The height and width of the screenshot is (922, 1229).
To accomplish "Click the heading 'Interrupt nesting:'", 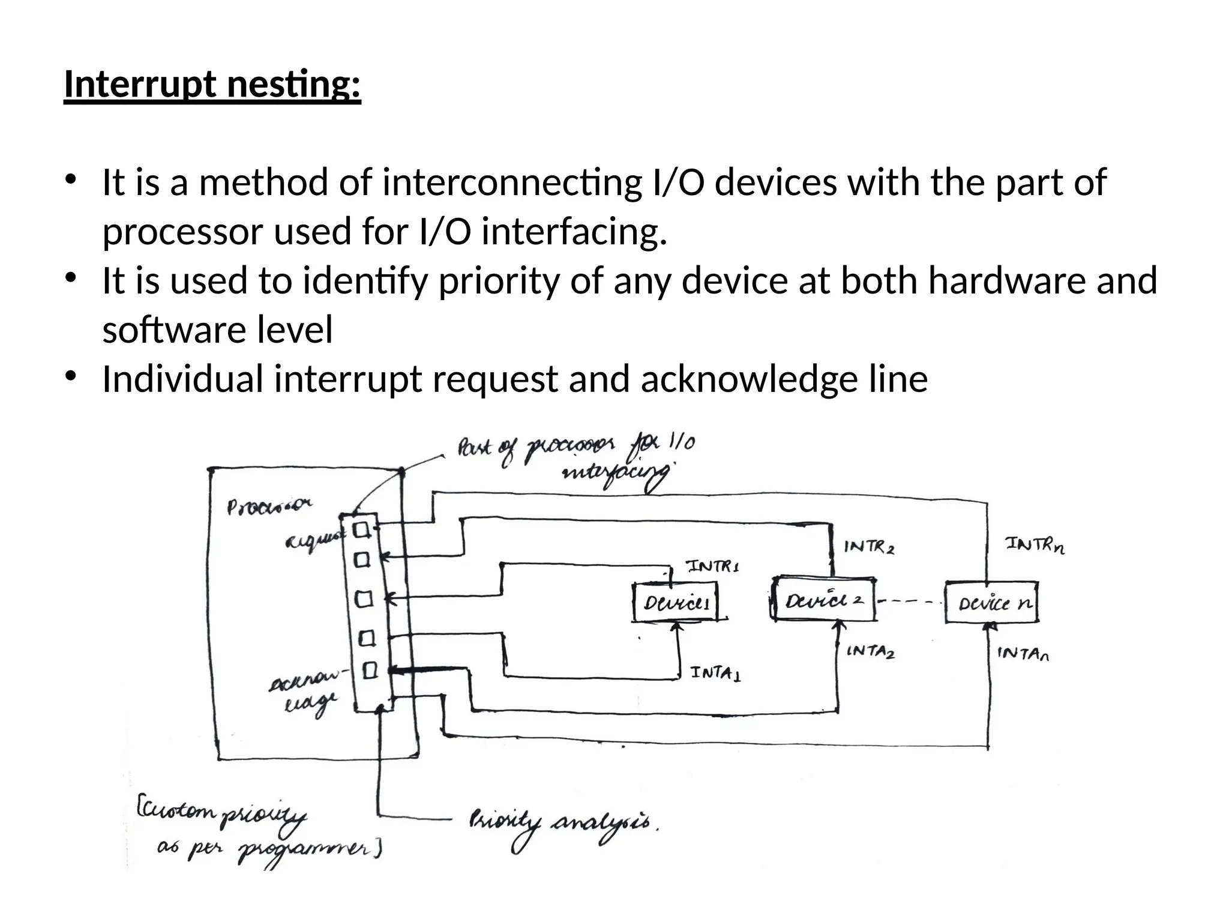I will [x=212, y=85].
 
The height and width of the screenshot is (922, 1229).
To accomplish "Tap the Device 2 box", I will [x=823, y=600].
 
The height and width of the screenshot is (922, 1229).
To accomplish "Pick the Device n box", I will [x=991, y=602].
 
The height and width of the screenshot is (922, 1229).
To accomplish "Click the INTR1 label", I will [x=712, y=566].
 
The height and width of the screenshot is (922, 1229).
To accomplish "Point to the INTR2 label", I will [x=869, y=547].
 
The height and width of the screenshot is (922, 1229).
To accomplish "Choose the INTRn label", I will [x=1035, y=545].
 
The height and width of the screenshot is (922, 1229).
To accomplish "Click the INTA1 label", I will [x=715, y=673].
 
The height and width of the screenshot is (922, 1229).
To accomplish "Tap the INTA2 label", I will [x=870, y=651].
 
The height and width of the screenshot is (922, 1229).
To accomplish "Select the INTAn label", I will [x=1023, y=653].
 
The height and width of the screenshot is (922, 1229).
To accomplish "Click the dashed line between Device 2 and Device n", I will [x=910, y=601].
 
